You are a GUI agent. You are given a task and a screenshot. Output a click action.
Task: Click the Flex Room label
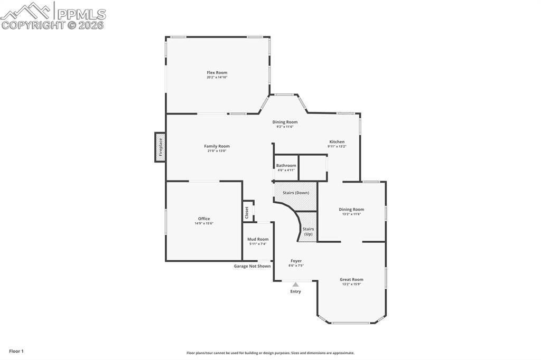tap(217, 72)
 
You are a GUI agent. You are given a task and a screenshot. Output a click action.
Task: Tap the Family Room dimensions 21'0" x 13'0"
tap(217, 151)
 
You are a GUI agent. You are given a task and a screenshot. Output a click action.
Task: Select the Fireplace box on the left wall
tap(160, 148)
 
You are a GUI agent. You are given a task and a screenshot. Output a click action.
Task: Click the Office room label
tap(204, 219)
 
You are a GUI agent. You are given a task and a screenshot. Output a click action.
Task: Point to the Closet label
tap(247, 212)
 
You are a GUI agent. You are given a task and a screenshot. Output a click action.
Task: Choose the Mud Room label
tap(258, 239)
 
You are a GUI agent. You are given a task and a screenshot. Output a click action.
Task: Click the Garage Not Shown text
tap(252, 266)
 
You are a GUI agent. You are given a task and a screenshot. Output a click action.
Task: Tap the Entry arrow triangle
tap(295, 285)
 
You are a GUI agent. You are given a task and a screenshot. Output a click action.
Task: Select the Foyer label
tap(296, 261)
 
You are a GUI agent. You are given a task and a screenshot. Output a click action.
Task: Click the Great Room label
tap(351, 279)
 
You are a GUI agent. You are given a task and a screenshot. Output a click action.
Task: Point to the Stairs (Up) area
tap(308, 231)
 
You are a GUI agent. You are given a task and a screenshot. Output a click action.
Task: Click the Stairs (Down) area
tap(295, 193)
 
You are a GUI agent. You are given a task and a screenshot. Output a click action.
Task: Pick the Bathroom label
tap(286, 165)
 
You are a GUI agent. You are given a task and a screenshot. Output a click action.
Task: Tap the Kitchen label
tap(337, 141)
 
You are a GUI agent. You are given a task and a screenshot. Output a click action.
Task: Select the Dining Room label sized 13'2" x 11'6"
tap(351, 209)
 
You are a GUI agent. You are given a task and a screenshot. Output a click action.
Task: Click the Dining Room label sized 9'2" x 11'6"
tap(285, 122)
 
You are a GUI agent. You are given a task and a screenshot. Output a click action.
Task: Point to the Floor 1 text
tap(16, 351)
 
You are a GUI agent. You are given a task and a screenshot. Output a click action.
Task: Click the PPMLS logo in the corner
tap(53, 15)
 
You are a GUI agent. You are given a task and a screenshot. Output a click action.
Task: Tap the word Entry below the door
tap(295, 291)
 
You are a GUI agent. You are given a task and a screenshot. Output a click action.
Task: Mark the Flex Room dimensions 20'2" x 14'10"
tap(217, 78)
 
